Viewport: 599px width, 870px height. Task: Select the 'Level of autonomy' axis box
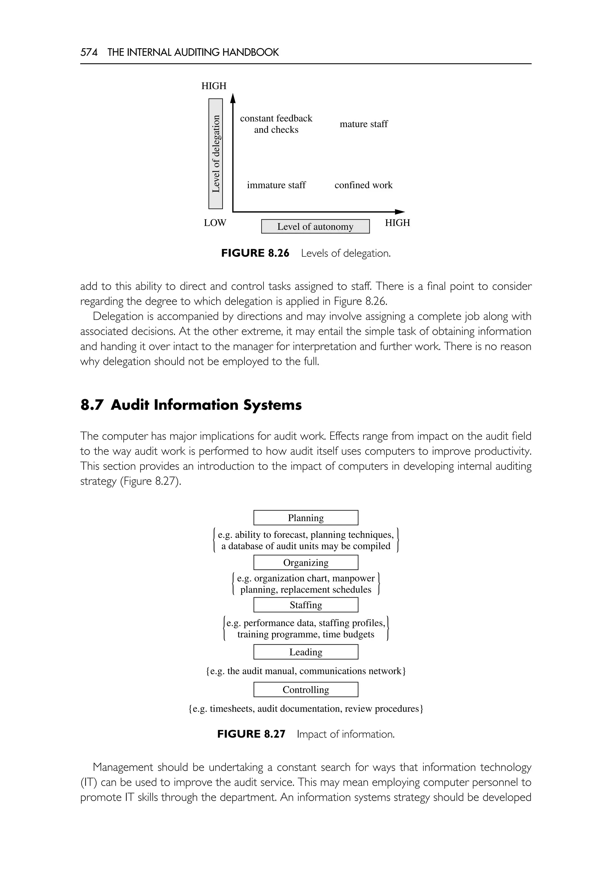pyautogui.click(x=315, y=227)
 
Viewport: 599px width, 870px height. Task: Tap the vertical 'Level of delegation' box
pyautogui.click(x=216, y=154)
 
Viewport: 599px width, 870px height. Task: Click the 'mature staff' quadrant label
pyautogui.click(x=363, y=124)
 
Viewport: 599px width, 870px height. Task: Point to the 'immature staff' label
pyautogui.click(x=276, y=185)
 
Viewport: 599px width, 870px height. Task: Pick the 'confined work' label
pyautogui.click(x=363, y=185)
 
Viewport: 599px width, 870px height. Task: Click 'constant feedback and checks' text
pyautogui.click(x=276, y=124)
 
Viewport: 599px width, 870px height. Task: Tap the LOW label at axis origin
pyautogui.click(x=215, y=223)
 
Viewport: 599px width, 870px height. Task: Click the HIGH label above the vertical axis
pyautogui.click(x=214, y=86)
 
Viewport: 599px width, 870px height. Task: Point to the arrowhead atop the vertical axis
pyautogui.click(x=233, y=98)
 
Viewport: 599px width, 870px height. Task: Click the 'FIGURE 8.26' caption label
pyautogui.click(x=255, y=253)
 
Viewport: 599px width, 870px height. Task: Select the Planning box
pyautogui.click(x=306, y=518)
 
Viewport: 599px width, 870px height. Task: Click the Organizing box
pyautogui.click(x=306, y=562)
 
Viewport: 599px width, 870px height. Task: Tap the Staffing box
pyautogui.click(x=306, y=605)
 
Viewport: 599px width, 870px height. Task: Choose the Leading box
pyautogui.click(x=306, y=652)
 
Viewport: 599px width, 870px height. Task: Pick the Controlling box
pyautogui.click(x=306, y=690)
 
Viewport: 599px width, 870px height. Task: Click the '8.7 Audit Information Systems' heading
pyautogui.click(x=191, y=405)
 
